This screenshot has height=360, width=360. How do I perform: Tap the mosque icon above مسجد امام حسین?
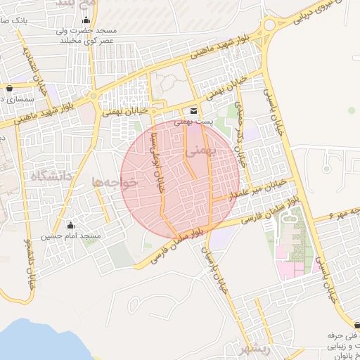point(70,225)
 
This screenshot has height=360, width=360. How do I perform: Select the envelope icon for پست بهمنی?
point(193,112)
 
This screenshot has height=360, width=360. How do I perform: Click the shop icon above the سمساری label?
point(8,89)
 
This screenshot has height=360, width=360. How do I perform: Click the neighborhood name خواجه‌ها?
point(112,182)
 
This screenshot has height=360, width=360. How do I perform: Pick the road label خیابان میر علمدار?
point(261,188)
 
